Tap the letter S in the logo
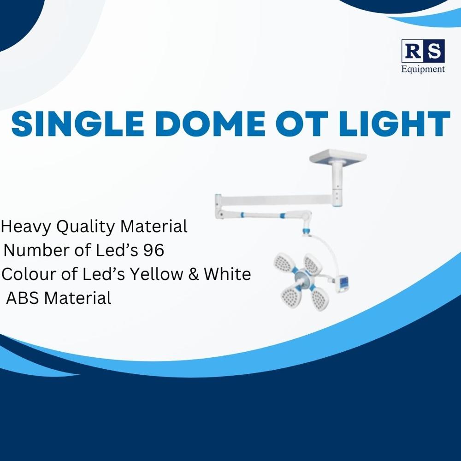click(x=434, y=51)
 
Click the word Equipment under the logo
click(x=423, y=69)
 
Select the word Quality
click(x=87, y=227)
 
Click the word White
click(x=227, y=274)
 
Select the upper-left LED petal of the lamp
click(x=284, y=262)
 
